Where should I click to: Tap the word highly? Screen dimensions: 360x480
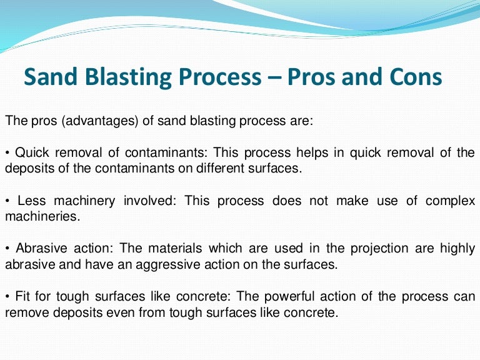(457, 249)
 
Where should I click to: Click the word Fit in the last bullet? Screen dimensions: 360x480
(24, 296)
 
